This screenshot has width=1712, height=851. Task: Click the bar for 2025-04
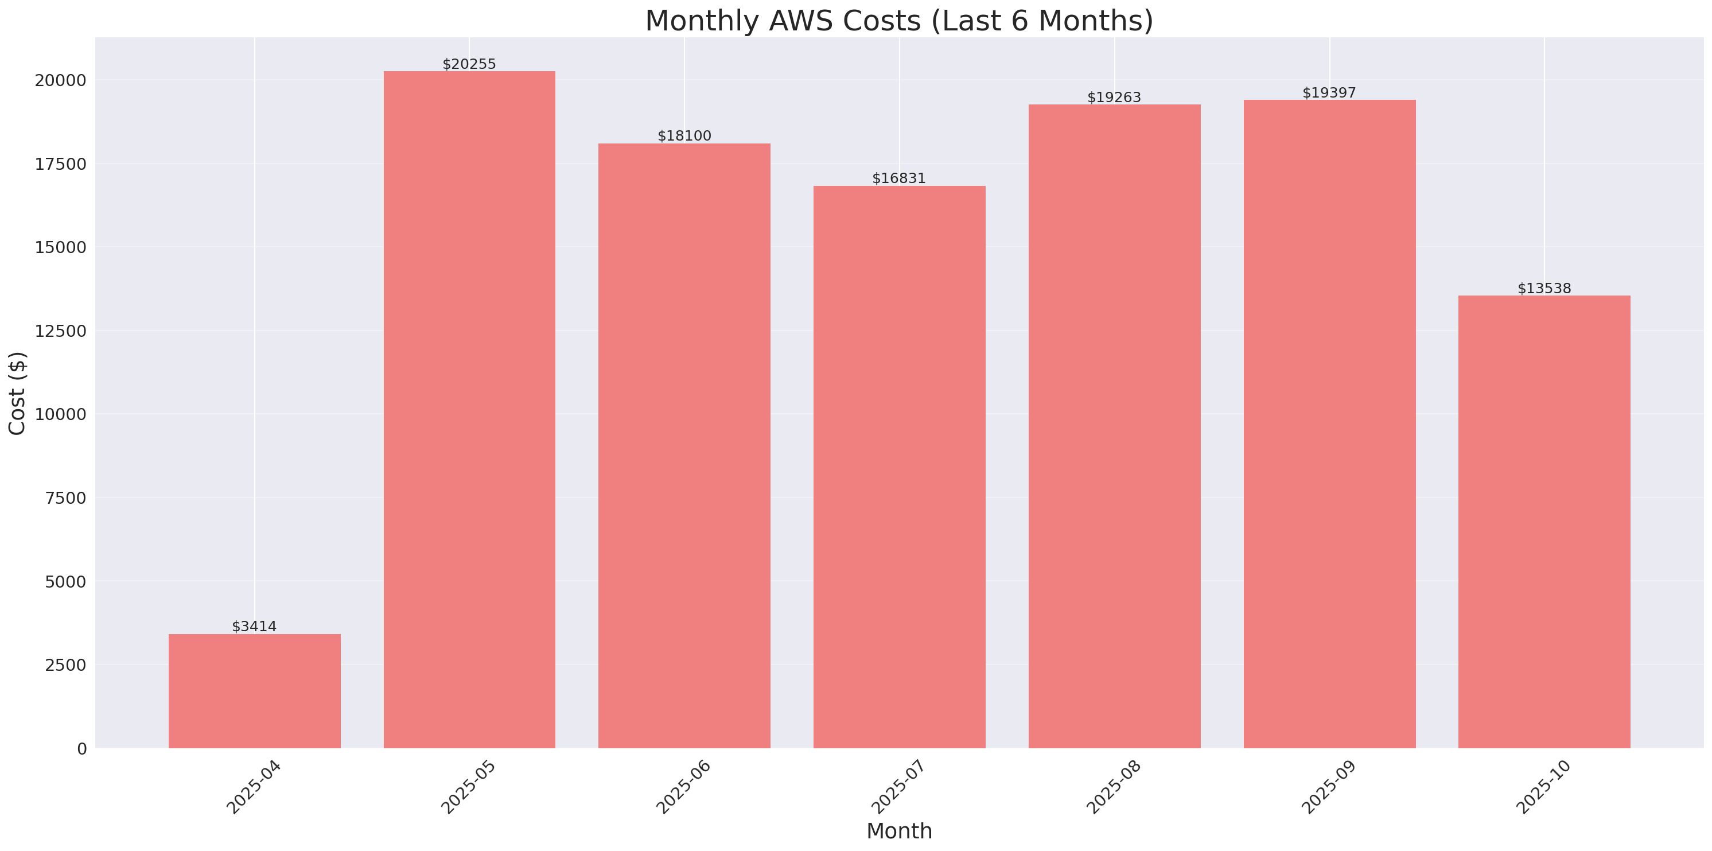[x=255, y=691]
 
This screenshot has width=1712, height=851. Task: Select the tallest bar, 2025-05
[x=469, y=410]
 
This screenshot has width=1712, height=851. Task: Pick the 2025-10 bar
[x=1544, y=522]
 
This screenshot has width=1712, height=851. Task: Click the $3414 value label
[x=255, y=626]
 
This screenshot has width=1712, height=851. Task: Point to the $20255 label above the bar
[x=469, y=64]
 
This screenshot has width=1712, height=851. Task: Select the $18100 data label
[x=684, y=135]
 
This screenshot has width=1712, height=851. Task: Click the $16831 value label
[x=898, y=178]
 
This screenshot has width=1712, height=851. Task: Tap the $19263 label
[x=1114, y=97]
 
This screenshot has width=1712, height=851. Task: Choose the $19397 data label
[x=1329, y=92]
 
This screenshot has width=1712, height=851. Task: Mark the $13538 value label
[x=1544, y=288]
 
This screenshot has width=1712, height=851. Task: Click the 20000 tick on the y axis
[x=60, y=80]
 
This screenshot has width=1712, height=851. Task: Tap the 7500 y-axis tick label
[x=65, y=498]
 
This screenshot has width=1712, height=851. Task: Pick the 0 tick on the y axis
[x=81, y=749]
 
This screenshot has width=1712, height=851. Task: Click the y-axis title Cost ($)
[x=17, y=393]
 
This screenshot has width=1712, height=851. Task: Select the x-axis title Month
[x=899, y=831]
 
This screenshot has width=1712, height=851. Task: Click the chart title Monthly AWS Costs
[x=899, y=21]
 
